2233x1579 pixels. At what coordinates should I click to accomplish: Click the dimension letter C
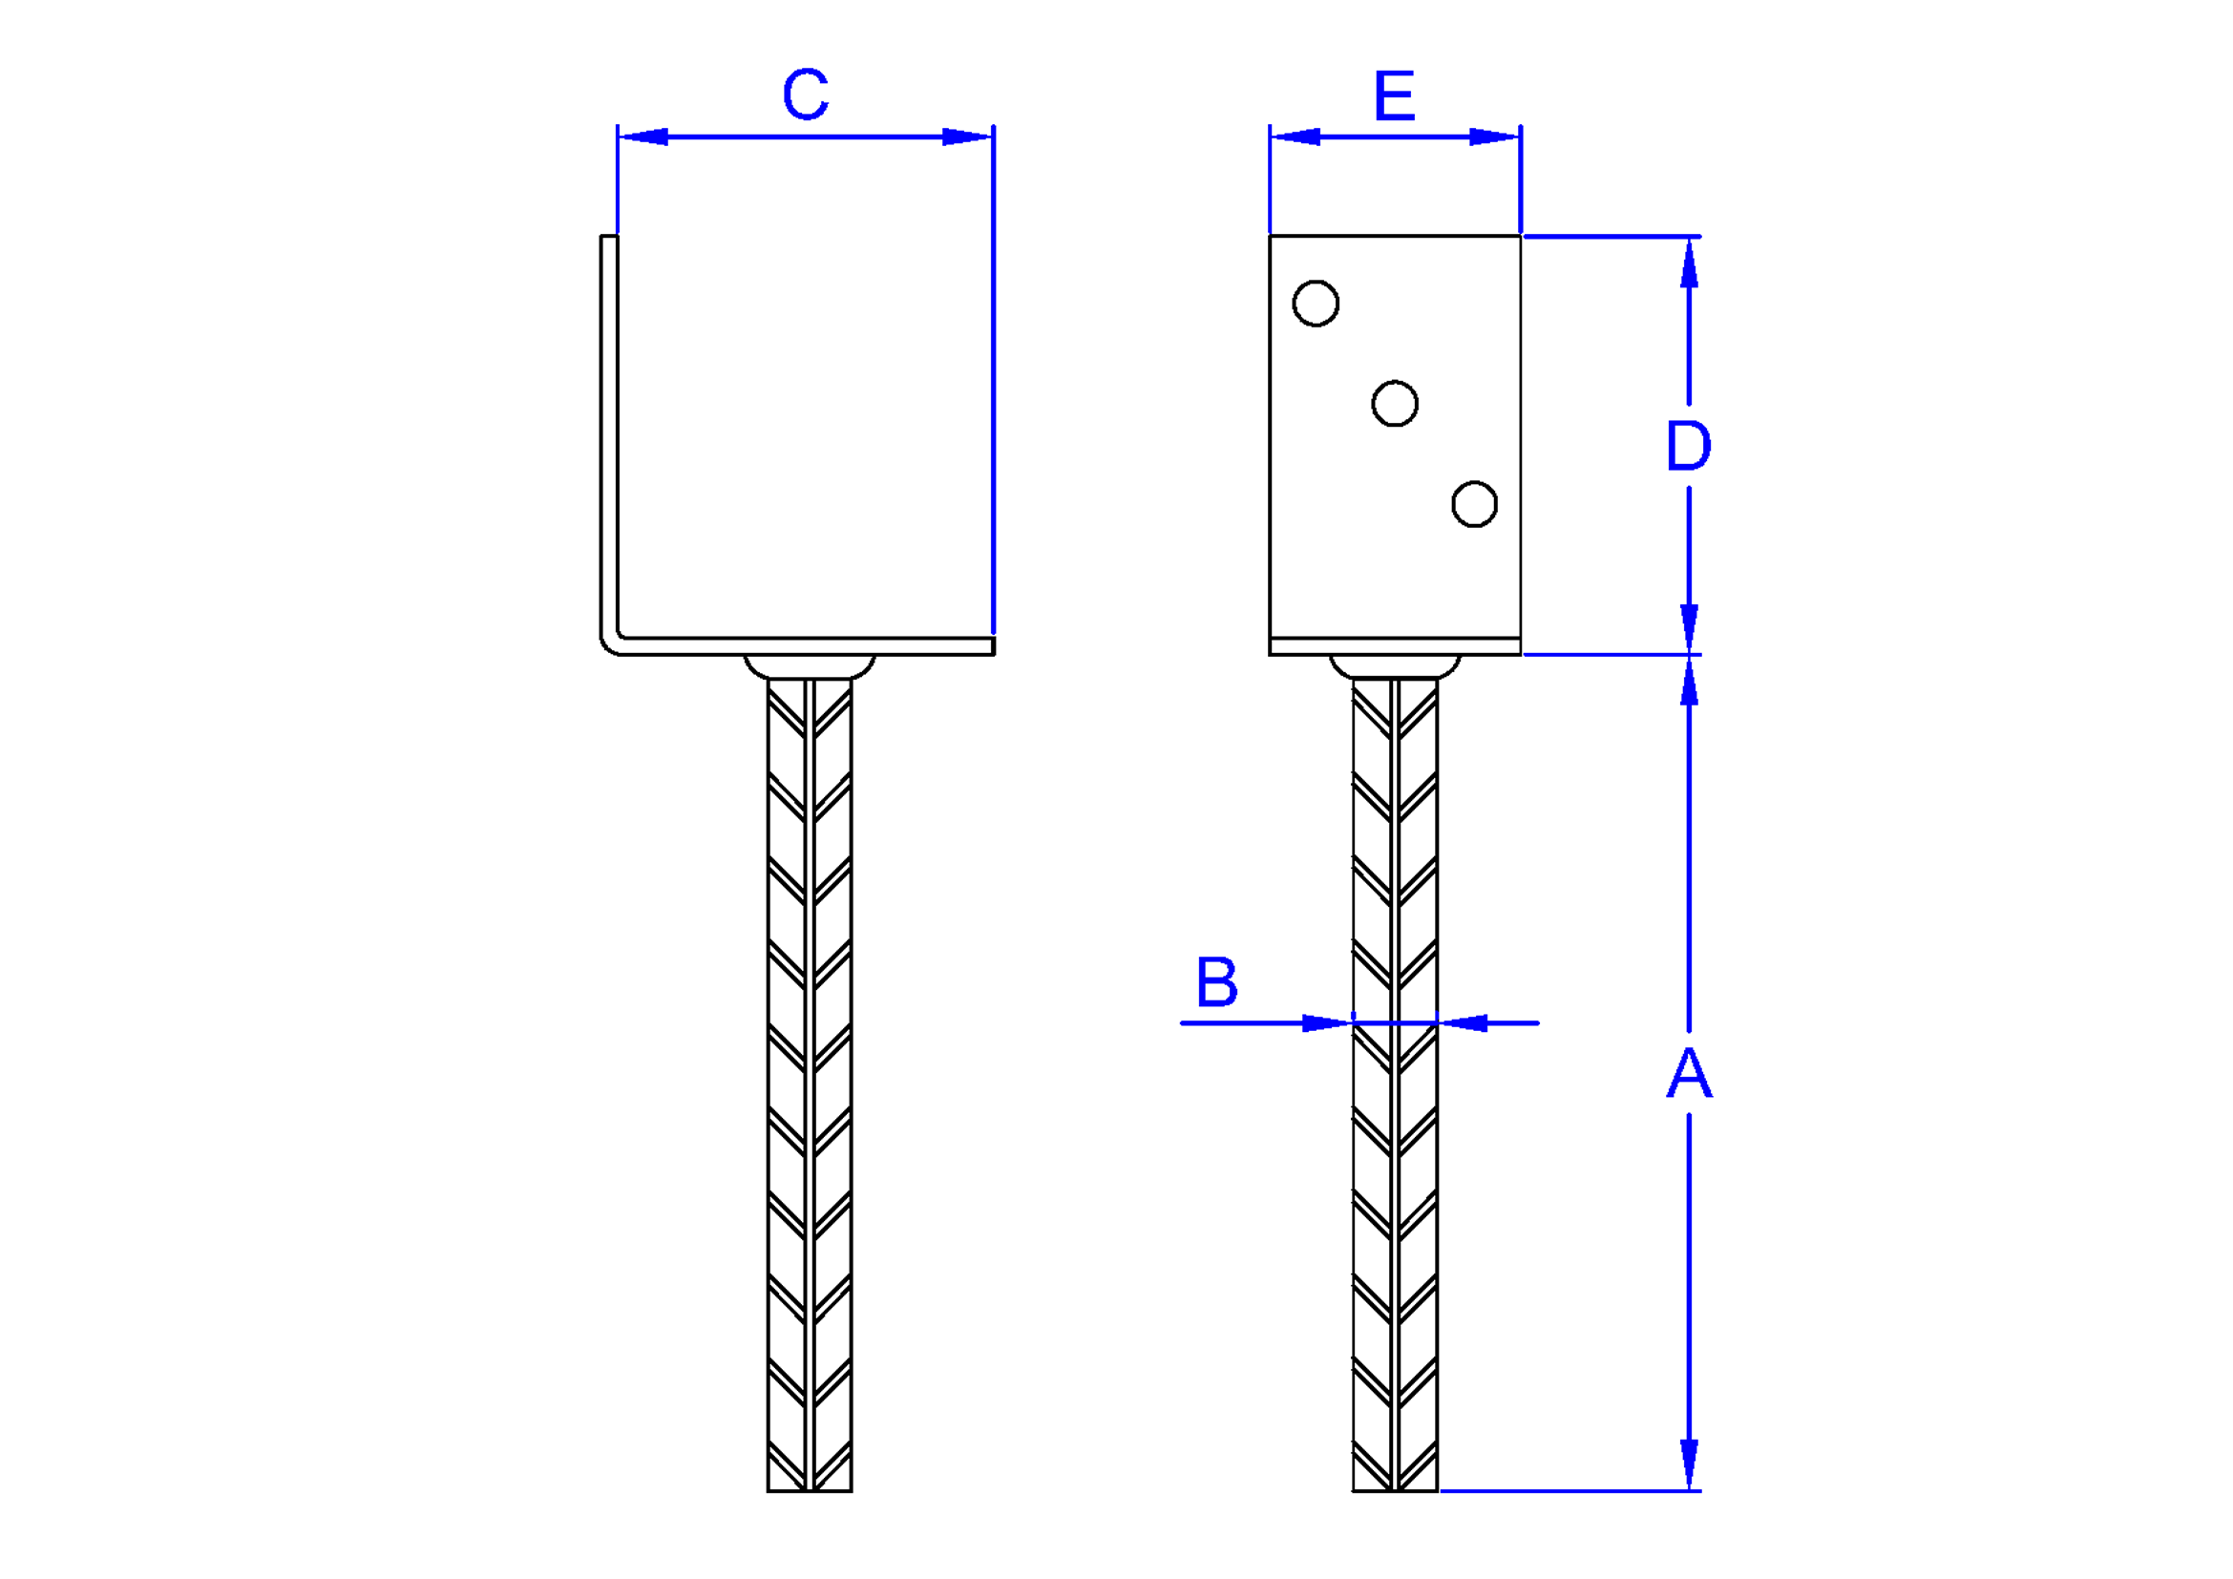806,95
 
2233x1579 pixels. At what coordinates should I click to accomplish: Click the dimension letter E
1395,95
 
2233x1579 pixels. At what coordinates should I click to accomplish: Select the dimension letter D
1689,446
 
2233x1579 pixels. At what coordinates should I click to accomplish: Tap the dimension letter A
1690,1071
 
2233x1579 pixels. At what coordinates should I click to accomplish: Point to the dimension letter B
1216,982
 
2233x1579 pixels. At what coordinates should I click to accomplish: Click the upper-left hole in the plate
1316,304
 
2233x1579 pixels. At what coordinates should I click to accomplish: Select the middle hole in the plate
1395,404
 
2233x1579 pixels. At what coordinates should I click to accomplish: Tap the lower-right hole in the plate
1474,504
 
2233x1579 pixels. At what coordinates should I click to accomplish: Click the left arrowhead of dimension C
643,137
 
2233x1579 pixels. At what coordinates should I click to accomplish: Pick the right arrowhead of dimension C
967,137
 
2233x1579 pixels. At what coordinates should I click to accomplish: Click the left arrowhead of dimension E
1296,137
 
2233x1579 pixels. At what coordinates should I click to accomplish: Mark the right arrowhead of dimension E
1495,137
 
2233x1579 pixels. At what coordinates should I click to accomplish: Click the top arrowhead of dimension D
1690,263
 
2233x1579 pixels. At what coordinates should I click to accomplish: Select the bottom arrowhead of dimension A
1690,1464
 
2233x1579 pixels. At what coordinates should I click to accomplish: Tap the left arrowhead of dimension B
1328,1022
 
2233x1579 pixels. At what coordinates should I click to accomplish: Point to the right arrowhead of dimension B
1463,1022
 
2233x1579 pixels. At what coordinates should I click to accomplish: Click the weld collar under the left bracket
810,667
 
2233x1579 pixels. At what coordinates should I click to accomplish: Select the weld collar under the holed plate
1395,667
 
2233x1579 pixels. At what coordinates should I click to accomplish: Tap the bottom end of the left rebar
810,1490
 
